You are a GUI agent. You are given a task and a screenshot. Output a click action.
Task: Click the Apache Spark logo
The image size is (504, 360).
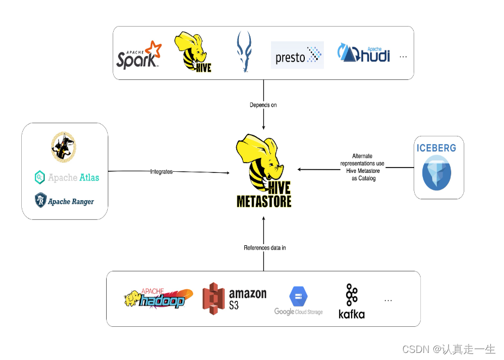(x=139, y=55)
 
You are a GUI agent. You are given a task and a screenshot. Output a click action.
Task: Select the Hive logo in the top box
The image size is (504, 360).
(x=193, y=52)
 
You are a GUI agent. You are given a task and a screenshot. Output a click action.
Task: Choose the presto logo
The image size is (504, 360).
(x=297, y=55)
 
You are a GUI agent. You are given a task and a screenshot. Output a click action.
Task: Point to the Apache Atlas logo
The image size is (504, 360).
(x=67, y=177)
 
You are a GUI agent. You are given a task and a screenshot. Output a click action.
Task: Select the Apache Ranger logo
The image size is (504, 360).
(x=64, y=201)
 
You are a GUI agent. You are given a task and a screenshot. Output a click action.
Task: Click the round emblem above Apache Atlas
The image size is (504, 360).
(x=64, y=147)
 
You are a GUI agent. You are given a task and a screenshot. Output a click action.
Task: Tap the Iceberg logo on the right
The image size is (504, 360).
(x=437, y=166)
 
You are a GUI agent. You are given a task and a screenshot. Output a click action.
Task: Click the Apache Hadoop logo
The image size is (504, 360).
(x=158, y=299)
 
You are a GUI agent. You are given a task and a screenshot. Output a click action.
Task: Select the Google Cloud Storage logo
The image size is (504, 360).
(x=298, y=301)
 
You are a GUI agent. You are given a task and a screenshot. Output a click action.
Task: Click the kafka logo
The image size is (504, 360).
(x=352, y=301)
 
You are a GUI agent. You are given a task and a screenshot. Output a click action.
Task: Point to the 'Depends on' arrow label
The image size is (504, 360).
(x=263, y=105)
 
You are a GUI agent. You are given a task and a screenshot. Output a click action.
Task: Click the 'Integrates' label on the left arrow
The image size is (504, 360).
(x=161, y=172)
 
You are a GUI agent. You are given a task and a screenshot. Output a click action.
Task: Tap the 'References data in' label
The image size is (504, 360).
(x=265, y=248)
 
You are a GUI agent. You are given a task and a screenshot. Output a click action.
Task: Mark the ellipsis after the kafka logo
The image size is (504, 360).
(x=388, y=300)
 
